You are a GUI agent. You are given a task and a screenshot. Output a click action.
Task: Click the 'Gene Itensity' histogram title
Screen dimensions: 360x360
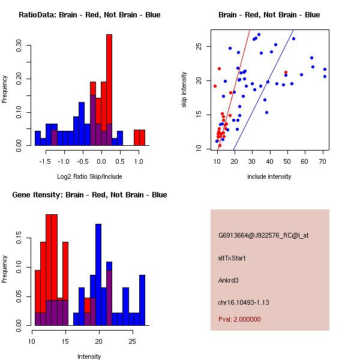point(89,195)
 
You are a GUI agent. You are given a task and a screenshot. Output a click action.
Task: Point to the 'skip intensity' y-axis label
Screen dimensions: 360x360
point(185,90)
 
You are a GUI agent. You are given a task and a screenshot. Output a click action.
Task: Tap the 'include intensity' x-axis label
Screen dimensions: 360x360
point(269,176)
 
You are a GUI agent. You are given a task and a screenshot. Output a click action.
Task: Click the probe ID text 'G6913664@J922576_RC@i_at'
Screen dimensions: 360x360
point(263,236)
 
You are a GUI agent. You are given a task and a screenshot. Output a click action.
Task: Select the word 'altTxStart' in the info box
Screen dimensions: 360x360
point(232,258)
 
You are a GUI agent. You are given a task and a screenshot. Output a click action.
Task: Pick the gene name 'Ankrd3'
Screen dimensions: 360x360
point(229,280)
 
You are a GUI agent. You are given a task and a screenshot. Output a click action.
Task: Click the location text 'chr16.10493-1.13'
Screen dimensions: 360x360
point(244,302)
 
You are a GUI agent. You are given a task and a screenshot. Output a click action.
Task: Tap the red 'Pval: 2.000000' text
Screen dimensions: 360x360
point(239,319)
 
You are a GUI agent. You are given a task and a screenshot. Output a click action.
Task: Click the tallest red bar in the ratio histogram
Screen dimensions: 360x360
point(109,90)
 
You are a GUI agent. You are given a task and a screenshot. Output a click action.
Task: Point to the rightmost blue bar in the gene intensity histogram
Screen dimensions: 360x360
point(142,300)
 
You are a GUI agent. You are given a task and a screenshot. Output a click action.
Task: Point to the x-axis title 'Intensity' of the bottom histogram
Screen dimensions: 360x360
point(89,356)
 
